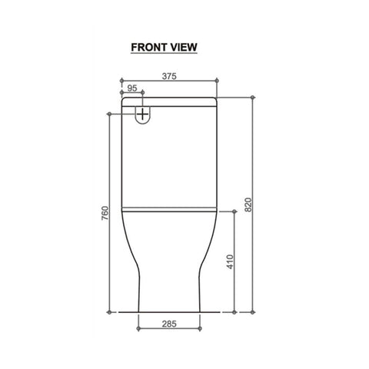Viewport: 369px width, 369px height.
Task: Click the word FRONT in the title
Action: pyautogui.click(x=149, y=48)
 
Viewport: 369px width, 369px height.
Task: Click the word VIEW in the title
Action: pyautogui.click(x=184, y=48)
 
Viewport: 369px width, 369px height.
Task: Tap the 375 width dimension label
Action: pyautogui.click(x=169, y=76)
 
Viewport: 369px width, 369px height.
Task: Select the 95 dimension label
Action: pyautogui.click(x=132, y=88)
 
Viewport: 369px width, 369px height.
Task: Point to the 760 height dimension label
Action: pyautogui.click(x=105, y=213)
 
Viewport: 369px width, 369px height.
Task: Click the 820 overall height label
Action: pyautogui.click(x=248, y=204)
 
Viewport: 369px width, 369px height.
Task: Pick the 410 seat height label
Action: pyautogui.click(x=230, y=261)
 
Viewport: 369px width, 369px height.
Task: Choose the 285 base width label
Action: pyautogui.click(x=169, y=324)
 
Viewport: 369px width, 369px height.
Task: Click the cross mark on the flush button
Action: pyautogui.click(x=143, y=114)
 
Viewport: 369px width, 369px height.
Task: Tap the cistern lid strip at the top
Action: pyautogui.click(x=169, y=101)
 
